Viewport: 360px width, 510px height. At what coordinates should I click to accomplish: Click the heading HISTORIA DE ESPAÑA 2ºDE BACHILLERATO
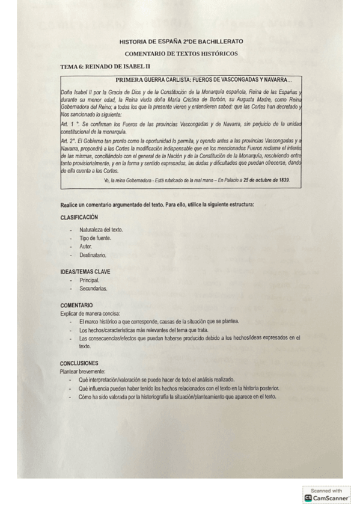(x=181, y=41)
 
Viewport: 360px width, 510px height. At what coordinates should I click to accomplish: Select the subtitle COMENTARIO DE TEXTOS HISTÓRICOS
(x=181, y=53)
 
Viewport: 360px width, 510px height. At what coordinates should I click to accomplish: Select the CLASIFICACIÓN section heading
(x=79, y=217)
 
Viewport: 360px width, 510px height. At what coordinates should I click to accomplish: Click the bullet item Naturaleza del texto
(x=101, y=230)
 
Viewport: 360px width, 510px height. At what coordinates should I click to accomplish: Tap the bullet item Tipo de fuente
(x=96, y=238)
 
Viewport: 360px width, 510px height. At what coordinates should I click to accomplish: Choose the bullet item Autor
(x=86, y=247)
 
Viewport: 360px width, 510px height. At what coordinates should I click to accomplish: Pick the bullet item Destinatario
(x=93, y=255)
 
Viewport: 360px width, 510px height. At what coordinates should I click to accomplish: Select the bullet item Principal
(x=90, y=280)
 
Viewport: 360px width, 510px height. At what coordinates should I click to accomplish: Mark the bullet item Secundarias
(x=93, y=289)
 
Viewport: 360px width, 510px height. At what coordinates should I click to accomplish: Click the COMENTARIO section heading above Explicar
(x=76, y=306)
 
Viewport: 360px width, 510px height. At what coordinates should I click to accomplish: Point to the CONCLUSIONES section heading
(x=80, y=363)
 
